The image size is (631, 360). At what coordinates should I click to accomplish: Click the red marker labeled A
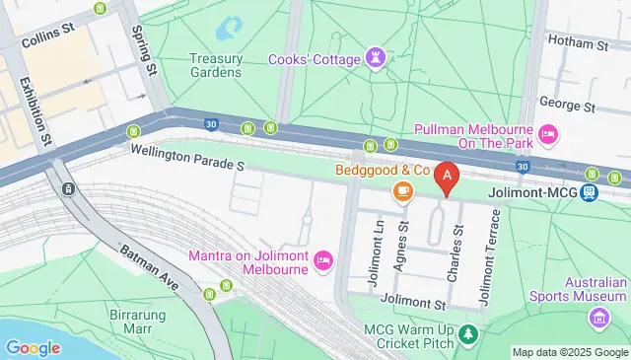448,178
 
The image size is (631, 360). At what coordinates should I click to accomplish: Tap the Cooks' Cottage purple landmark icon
377,57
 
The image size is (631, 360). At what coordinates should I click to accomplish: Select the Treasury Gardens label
215,64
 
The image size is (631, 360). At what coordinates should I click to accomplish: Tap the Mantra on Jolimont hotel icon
323,260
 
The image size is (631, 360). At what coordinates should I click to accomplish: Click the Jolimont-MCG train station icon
590,192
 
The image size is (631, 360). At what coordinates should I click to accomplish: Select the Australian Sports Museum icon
598,318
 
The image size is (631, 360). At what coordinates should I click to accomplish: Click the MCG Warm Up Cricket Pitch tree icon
470,337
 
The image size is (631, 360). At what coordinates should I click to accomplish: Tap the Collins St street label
48,31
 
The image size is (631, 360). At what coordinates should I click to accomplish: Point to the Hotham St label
583,44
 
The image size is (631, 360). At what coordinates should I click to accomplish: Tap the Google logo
33,347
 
